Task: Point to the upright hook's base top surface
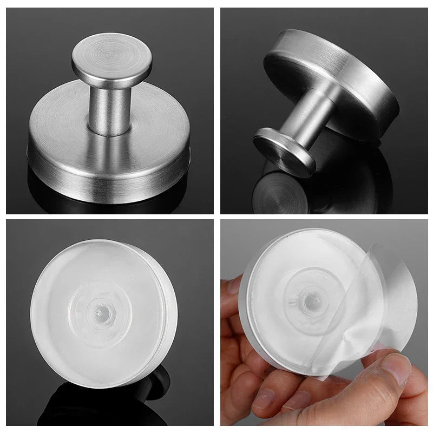(x=60, y=130)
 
